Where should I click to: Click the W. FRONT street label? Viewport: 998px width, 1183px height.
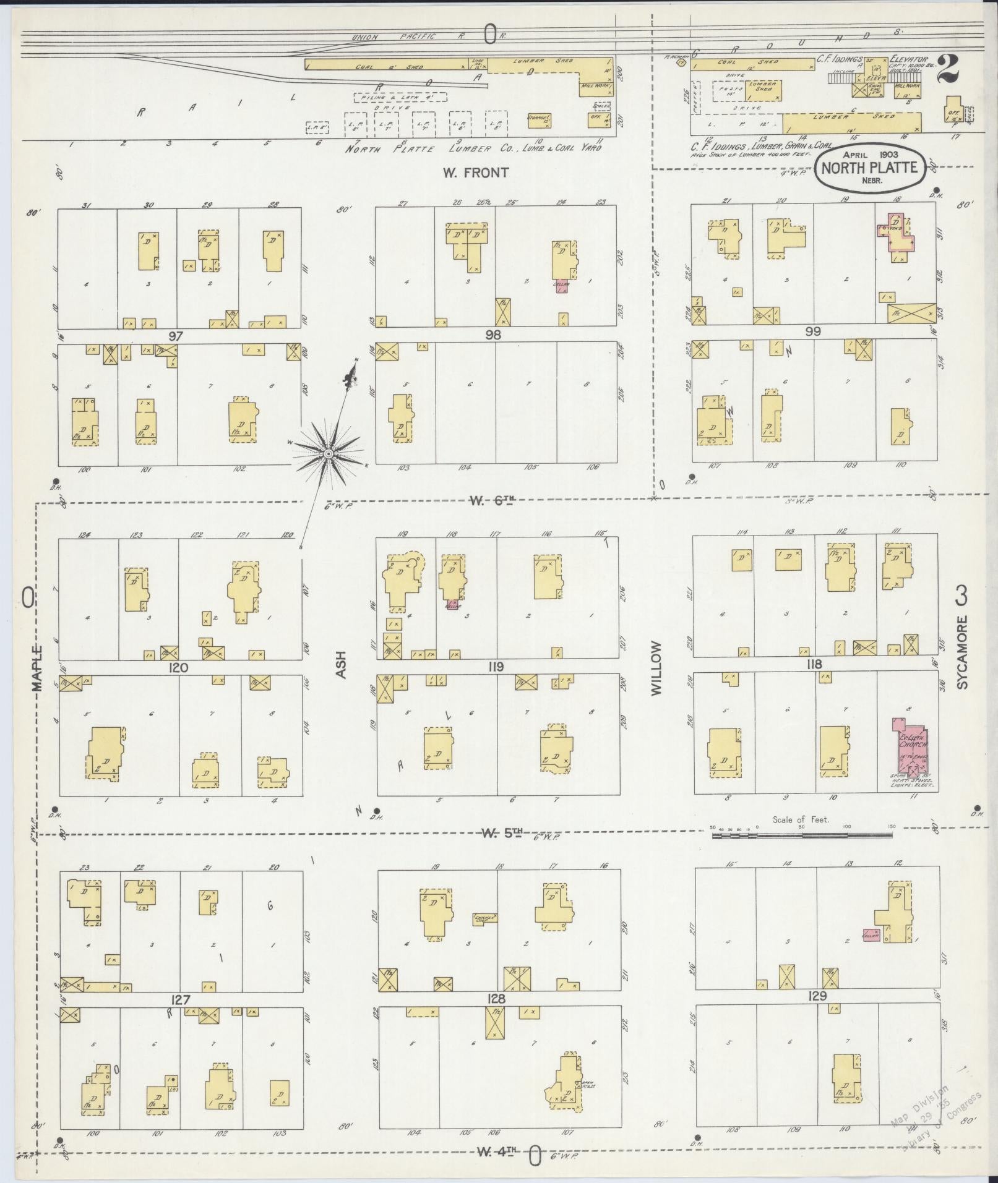point(475,173)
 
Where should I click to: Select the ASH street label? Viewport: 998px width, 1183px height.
point(342,666)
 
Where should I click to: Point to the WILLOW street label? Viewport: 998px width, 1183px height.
point(656,668)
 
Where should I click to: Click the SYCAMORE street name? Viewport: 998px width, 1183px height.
point(961,652)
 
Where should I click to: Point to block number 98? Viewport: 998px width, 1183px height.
point(493,335)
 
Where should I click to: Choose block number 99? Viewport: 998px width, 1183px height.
point(813,331)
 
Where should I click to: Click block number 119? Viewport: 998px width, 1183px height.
point(496,667)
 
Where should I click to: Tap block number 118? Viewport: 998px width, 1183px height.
point(814,664)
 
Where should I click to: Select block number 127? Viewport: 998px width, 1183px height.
point(181,999)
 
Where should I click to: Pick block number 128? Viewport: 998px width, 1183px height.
point(496,999)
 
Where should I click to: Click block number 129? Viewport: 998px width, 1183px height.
point(817,996)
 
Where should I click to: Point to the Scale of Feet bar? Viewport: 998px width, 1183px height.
point(802,835)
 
